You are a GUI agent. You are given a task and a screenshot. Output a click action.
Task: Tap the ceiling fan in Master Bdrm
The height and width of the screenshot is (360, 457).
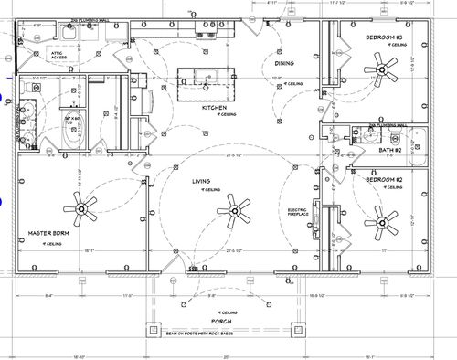coord(87,212)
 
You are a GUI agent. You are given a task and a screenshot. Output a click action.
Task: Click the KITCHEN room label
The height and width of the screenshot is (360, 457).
coord(214,107)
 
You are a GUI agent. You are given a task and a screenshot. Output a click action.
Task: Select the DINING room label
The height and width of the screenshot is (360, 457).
coord(283,63)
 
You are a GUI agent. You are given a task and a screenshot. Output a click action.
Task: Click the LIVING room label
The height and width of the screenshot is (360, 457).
coord(201,181)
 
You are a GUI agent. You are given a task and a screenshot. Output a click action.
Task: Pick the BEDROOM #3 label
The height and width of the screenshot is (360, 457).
coord(384,37)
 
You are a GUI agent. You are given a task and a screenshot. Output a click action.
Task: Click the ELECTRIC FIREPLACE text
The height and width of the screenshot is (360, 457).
coord(298,213)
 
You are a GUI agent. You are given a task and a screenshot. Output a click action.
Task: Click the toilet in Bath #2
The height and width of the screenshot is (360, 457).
coord(375,138)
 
